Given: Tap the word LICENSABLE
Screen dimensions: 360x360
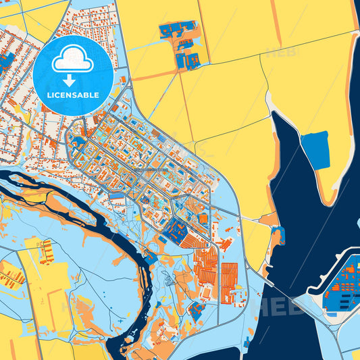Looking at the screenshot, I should tap(71, 95).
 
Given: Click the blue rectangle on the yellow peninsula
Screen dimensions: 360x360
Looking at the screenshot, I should tap(315, 150).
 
